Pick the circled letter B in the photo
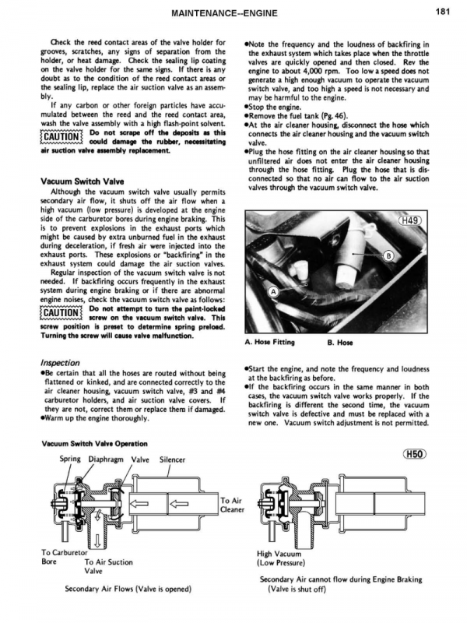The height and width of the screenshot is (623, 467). (x=390, y=257)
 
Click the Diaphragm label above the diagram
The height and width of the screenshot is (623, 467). (x=108, y=459)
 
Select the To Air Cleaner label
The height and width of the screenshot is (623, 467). (x=233, y=505)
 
